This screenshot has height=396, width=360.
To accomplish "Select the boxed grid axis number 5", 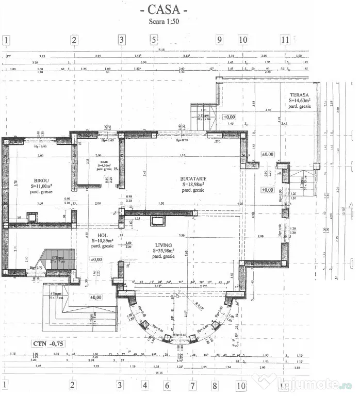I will click(153, 40).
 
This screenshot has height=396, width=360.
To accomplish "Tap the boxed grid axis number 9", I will click(219, 40).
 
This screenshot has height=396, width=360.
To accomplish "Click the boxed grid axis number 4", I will click(145, 385).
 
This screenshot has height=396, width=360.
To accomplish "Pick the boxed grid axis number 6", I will click(168, 385).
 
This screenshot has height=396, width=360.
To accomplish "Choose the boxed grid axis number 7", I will click(192, 385).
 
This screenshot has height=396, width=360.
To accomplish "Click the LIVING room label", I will click(162, 245).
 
